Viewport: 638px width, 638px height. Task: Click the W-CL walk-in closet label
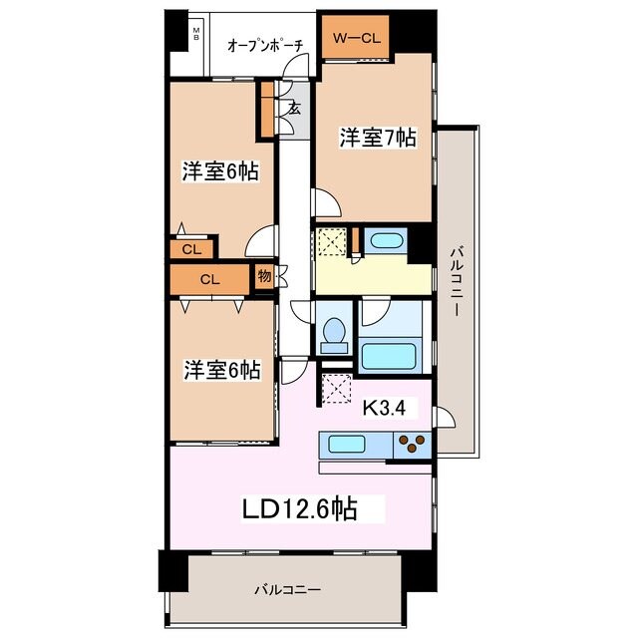(x=356, y=39)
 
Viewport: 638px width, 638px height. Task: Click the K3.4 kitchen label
(x=383, y=407)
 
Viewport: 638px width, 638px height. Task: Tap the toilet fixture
(x=334, y=334)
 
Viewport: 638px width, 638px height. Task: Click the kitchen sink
(x=343, y=444)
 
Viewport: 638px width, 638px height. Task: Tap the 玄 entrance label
(x=294, y=108)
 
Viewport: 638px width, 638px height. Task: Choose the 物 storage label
(x=263, y=276)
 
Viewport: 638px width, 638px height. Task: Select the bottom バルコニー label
(x=286, y=589)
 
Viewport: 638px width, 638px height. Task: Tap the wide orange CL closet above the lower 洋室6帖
(x=209, y=279)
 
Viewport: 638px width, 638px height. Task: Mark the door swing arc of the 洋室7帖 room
(x=328, y=203)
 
